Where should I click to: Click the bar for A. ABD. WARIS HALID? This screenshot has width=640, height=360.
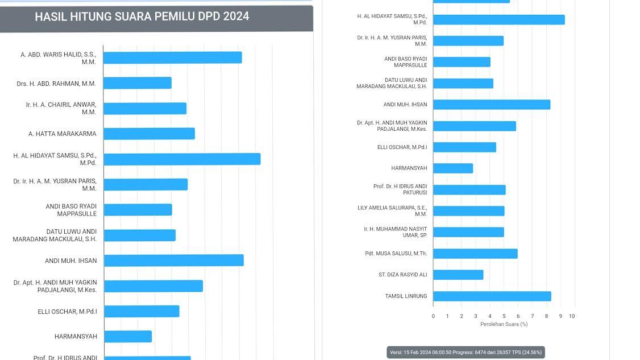tap(172, 57)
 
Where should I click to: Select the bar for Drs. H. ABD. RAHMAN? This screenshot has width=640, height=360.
tap(137, 83)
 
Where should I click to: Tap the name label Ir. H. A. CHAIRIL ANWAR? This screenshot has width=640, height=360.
tap(61, 108)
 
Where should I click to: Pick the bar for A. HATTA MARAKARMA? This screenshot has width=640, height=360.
tap(149, 134)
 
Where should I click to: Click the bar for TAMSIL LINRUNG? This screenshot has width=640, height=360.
tap(492, 296)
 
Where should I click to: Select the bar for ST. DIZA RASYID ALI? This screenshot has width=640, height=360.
tap(458, 275)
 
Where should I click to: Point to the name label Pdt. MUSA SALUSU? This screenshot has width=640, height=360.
tap(396, 254)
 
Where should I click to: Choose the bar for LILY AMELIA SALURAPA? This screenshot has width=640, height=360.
tap(468, 211)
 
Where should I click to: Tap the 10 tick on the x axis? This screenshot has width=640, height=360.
tap(572, 316)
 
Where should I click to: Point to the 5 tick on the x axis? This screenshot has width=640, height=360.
tap(504, 316)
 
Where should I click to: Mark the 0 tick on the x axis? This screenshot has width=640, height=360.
tap(433, 316)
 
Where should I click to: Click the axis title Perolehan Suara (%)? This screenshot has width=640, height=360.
tap(504, 324)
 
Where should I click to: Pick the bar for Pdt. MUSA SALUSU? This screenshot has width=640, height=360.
tap(475, 254)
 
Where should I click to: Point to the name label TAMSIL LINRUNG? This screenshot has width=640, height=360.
tap(406, 296)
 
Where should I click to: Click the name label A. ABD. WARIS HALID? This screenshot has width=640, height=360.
tap(58, 58)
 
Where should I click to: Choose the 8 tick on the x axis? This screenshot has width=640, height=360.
tap(546, 316)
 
